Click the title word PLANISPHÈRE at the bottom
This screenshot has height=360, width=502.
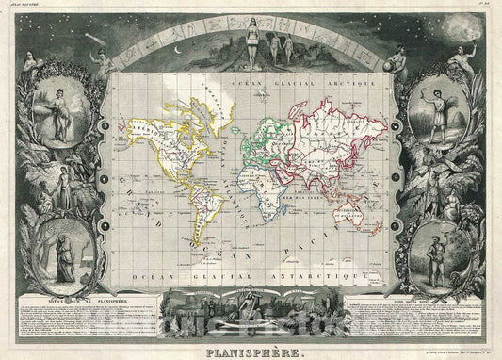click(251, 352)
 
